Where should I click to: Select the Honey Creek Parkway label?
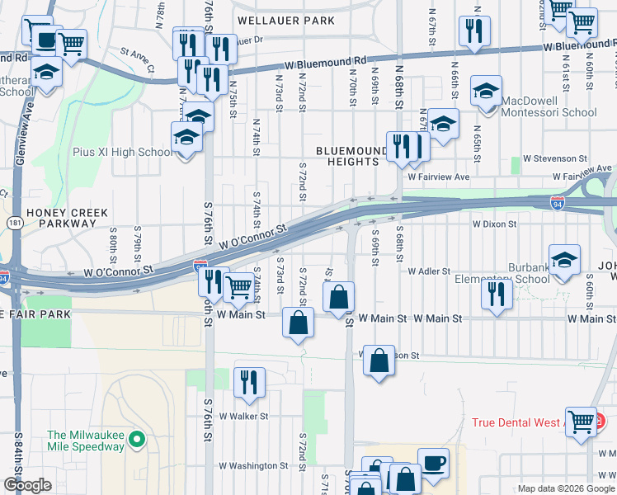click(67, 218)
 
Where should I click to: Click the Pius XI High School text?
click(133, 153)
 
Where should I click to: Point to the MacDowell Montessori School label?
click(545, 112)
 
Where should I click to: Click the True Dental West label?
click(516, 422)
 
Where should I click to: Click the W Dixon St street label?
click(494, 224)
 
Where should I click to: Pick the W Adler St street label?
click(428, 271)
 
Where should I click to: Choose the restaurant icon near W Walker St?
click(248, 381)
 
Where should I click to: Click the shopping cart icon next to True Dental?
click(582, 420)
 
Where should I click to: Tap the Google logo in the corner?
click(27, 485)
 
